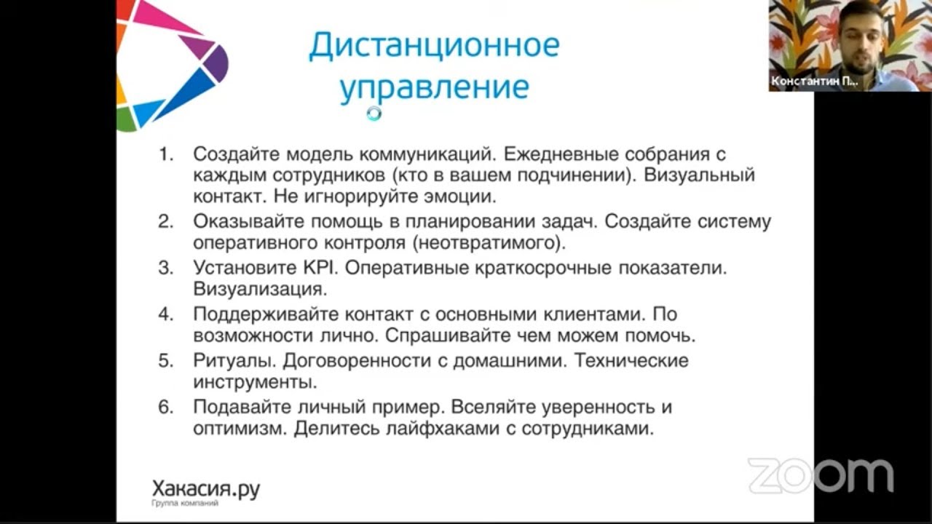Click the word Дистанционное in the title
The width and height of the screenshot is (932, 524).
(434, 46)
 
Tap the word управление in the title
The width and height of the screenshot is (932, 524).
(434, 87)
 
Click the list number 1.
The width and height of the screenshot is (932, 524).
(167, 154)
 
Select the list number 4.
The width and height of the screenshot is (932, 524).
(167, 314)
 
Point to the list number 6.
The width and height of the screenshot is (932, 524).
(167, 408)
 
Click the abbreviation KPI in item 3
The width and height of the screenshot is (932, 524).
(320, 268)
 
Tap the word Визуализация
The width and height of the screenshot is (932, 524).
(258, 289)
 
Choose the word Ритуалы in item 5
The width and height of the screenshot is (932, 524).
(233, 361)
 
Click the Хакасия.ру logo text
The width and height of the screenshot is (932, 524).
(205, 489)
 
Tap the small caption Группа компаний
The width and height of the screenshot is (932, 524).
(184, 504)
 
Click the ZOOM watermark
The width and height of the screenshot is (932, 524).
(820, 475)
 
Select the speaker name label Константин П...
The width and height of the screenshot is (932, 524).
(814, 82)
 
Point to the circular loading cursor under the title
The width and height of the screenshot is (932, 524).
(374, 113)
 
